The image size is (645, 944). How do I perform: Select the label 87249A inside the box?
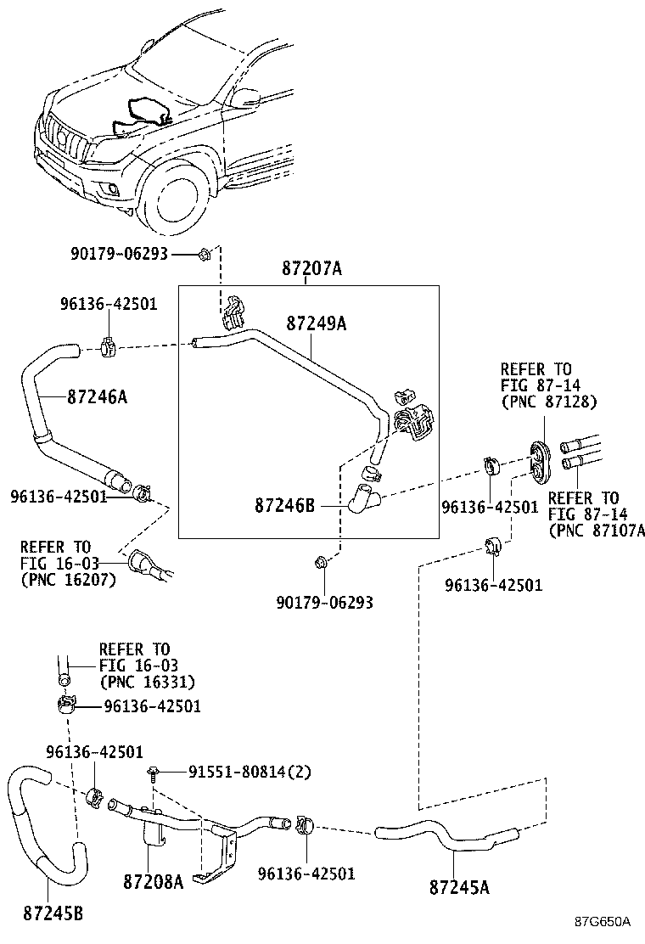(316, 323)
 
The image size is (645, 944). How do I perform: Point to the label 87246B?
(284, 505)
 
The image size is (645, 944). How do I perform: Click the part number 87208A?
(154, 882)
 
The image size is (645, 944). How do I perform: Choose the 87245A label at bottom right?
(460, 888)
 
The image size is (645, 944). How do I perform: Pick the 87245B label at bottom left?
(53, 913)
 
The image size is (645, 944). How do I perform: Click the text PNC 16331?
(148, 682)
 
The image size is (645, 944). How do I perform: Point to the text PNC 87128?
(549, 401)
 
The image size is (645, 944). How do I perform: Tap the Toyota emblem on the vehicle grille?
(62, 138)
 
